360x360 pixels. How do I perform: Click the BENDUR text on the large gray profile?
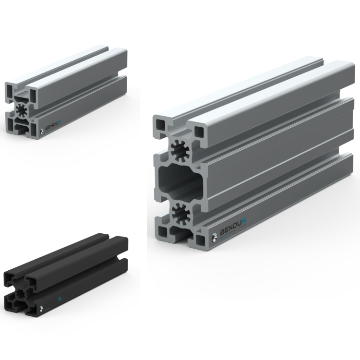click(233, 231)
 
